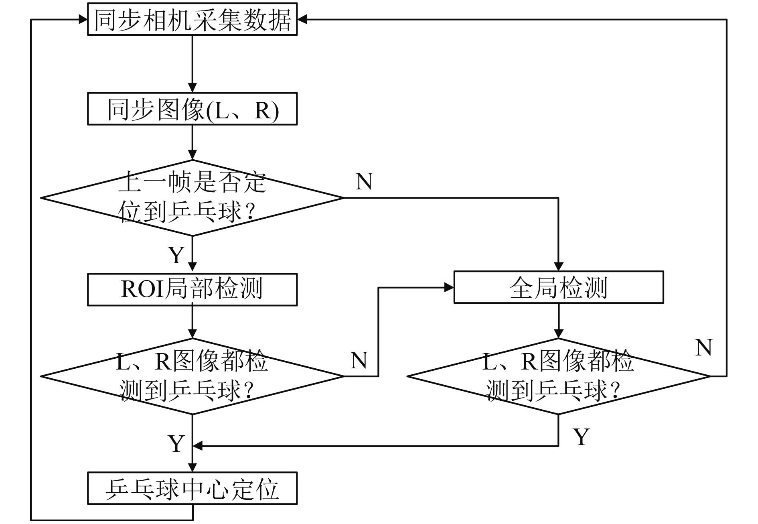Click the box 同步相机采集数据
[192, 20]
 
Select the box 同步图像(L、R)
[192, 109]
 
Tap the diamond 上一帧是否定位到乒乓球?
[193, 198]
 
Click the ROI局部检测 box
[192, 290]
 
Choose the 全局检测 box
[559, 287]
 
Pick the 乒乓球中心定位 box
[192, 488]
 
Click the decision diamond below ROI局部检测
[193, 376]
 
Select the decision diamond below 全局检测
[559, 376]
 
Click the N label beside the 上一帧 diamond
[364, 181]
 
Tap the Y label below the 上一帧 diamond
[176, 255]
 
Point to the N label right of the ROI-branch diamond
[359, 360]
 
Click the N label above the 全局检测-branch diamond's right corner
[704, 347]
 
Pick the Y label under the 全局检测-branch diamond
[582, 437]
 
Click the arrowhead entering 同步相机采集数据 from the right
[302, 19]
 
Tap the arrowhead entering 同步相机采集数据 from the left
[83, 19]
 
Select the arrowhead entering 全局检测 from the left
[449, 287]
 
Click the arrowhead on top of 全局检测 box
[559, 266]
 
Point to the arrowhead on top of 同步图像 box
[193, 88]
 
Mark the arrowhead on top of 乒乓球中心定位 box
[193, 467]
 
